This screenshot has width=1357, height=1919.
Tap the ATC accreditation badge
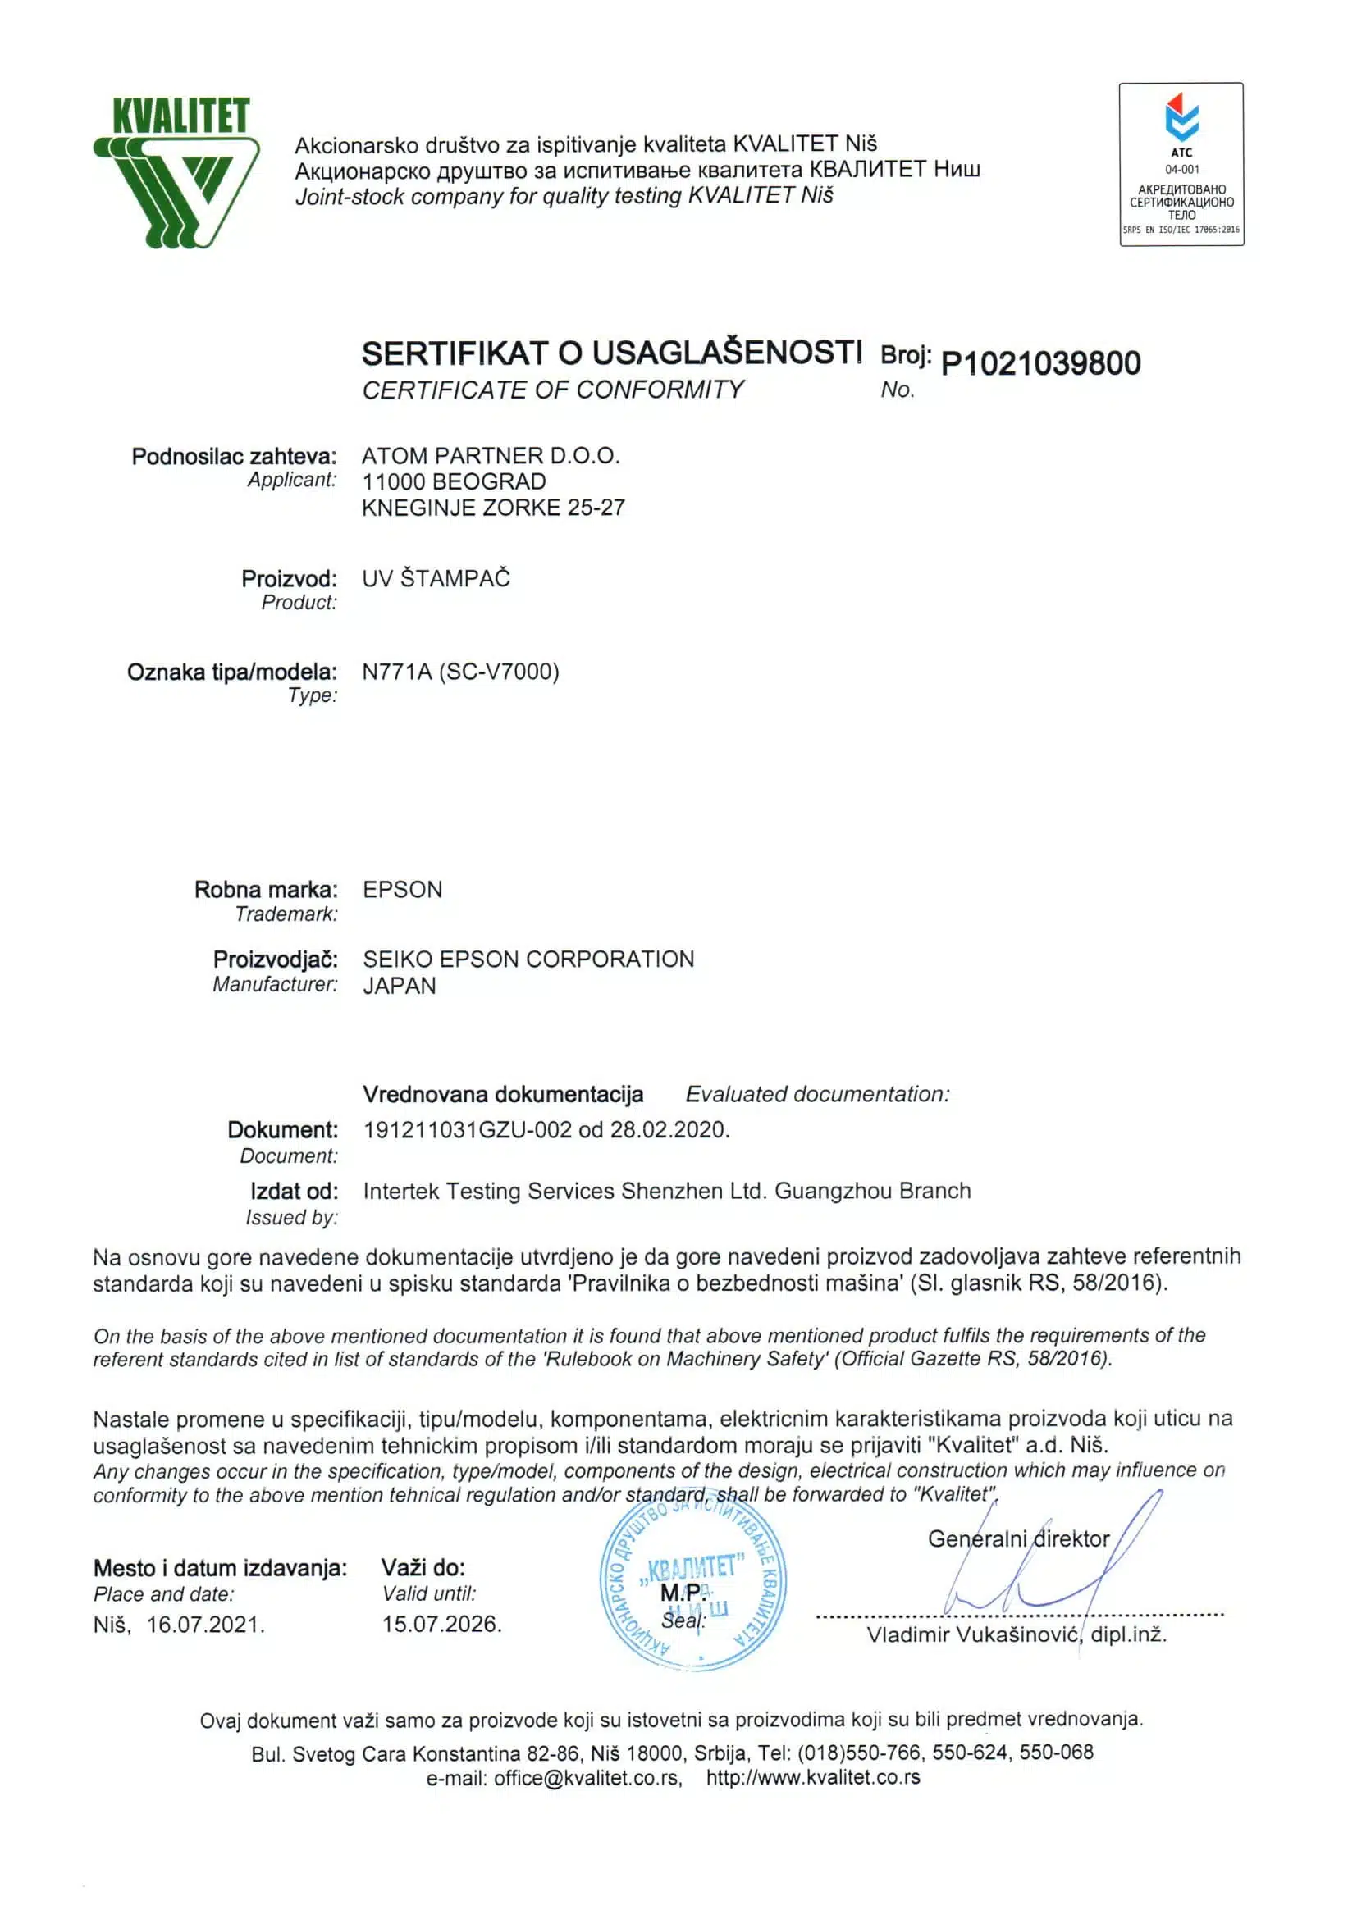1181,164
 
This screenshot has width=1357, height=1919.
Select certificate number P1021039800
1040,363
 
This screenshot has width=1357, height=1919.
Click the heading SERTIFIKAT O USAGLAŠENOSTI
611,353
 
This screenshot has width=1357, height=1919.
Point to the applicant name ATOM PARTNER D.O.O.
491,455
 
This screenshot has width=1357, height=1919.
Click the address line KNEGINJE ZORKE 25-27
493,508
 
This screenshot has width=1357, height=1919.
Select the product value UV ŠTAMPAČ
436,578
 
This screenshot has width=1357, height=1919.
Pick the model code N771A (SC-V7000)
461,672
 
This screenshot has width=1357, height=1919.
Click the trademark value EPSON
402,889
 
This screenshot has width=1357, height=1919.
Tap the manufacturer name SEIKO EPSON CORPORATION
528,959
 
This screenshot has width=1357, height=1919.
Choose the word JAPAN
400,986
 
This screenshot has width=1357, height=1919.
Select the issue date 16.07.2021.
206,1625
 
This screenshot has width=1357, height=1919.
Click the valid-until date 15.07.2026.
441,1624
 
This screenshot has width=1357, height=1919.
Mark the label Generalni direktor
1018,1538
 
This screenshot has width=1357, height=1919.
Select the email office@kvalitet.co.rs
586,1778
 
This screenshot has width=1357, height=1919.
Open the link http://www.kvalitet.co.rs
813,1778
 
